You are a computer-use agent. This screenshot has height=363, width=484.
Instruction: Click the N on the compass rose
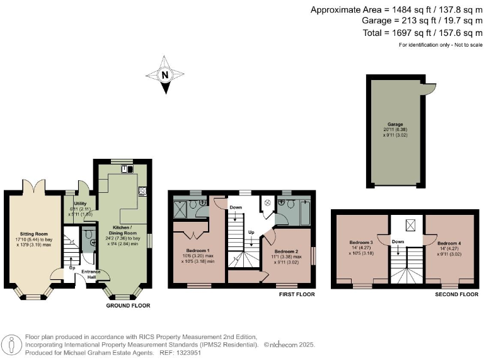click(165, 75)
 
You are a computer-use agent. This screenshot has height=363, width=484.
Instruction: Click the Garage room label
click(395, 125)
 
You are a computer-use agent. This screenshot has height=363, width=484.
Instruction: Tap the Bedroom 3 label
click(361, 243)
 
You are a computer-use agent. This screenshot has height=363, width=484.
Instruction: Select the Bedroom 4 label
click(449, 243)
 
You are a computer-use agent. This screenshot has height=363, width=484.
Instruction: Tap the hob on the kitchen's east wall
click(142, 189)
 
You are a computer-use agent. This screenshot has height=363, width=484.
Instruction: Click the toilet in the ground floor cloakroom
click(91, 238)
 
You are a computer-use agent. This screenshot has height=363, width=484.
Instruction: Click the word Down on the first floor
click(235, 207)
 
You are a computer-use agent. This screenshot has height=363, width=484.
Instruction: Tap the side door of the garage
click(430, 91)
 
